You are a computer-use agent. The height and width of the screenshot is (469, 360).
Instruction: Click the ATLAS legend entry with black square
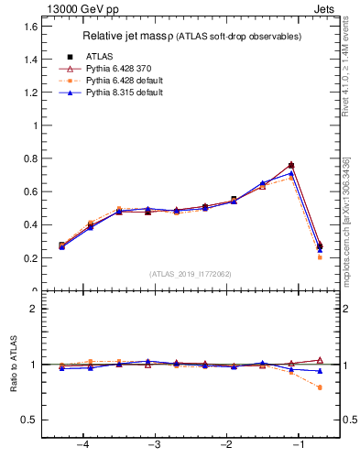(100, 56)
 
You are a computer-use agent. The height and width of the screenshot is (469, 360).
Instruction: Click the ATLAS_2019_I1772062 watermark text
(191, 273)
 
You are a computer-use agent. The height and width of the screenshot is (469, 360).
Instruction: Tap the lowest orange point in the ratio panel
(320, 387)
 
